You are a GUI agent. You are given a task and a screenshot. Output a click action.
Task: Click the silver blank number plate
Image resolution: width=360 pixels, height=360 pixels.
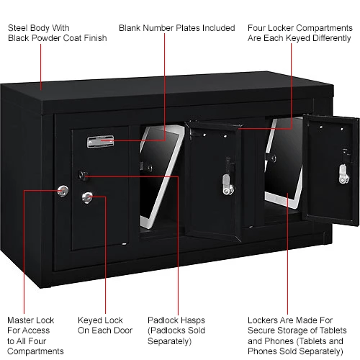[100, 141]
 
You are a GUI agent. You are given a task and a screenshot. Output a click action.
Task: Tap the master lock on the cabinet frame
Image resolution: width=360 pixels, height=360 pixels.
[63, 191]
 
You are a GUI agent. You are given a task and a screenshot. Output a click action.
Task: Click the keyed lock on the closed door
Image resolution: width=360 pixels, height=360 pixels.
[87, 197]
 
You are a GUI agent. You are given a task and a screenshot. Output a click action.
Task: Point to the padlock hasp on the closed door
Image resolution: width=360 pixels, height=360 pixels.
[83, 176]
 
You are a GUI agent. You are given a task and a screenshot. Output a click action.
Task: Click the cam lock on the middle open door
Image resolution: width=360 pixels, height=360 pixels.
[228, 184]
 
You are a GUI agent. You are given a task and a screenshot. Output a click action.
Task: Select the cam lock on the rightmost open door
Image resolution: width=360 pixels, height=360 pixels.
[344, 174]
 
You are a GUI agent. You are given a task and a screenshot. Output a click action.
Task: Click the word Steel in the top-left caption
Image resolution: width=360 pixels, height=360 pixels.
[17, 28]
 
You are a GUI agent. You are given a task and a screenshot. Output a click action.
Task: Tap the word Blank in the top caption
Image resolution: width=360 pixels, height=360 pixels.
[130, 28]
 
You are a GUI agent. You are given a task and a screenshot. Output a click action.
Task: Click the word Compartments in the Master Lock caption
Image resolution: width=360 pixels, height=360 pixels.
[35, 351]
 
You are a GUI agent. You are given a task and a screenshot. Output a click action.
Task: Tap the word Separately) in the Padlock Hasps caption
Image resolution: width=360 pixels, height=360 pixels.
[170, 341]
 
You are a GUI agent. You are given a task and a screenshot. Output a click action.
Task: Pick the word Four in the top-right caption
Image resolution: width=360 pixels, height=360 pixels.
[256, 28]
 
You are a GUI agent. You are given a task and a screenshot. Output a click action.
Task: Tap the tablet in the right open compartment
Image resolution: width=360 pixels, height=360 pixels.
[284, 163]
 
